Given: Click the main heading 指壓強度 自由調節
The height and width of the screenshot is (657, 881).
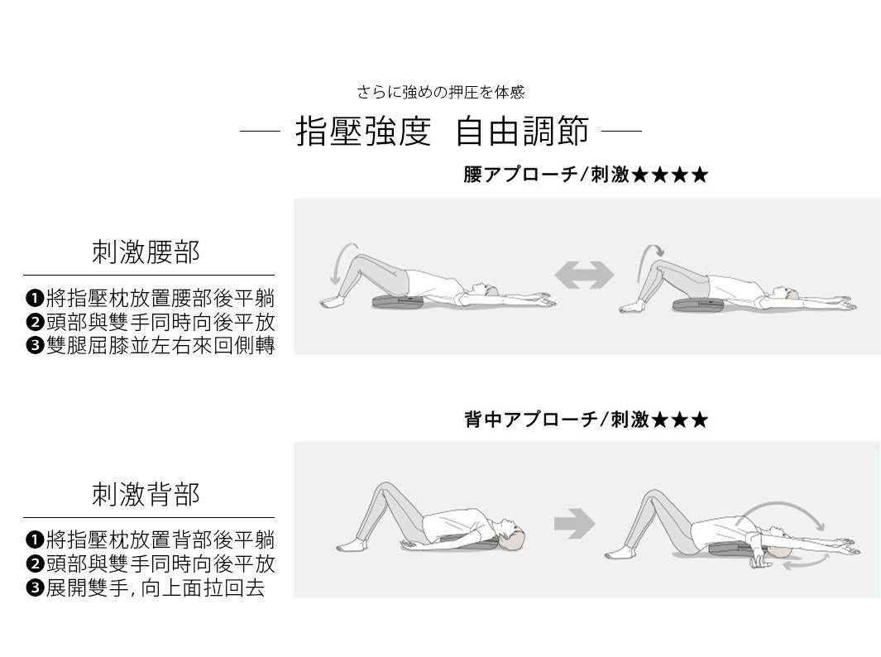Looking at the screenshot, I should [442, 132].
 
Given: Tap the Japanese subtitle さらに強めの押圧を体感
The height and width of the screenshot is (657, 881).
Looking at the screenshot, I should [441, 92].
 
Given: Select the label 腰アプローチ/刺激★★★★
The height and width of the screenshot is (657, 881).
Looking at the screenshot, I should [586, 175].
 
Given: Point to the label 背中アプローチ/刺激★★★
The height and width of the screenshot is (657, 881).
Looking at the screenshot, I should [586, 420].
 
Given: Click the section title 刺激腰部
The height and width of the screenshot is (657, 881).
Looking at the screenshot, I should [146, 252].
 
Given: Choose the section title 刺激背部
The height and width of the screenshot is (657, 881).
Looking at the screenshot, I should [146, 495].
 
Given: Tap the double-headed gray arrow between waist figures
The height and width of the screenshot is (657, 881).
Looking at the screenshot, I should [584, 275].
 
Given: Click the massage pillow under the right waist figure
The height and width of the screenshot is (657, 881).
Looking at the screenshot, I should [697, 305].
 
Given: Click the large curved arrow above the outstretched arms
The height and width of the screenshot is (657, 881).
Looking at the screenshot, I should [786, 511].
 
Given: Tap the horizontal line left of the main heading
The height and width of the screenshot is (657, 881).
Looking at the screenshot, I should [260, 131].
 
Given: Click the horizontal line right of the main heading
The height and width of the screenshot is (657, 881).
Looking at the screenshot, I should [621, 131].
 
